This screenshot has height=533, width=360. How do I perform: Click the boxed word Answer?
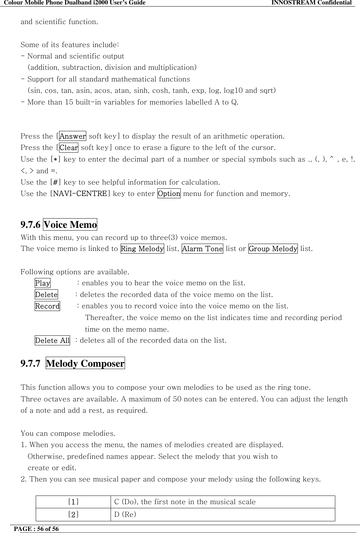tap(72, 136)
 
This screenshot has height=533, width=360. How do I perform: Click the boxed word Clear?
tap(69, 148)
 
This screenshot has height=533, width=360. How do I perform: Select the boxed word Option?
tap(169, 193)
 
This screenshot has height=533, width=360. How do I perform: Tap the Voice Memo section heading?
tap(70, 225)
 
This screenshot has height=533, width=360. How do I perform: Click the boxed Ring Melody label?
tap(142, 248)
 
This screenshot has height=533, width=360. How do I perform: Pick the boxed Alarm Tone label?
tap(202, 248)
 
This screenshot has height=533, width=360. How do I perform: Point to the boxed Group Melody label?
tap(273, 248)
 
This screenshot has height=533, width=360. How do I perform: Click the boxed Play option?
tap(43, 283)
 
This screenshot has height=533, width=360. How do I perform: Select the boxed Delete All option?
tap(52, 341)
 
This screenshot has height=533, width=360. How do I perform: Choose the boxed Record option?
tap(47, 306)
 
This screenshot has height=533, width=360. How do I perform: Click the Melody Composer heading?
tap(85, 363)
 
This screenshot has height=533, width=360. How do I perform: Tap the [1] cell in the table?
tap(73, 502)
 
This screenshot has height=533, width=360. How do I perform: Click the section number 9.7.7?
tap(31, 363)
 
